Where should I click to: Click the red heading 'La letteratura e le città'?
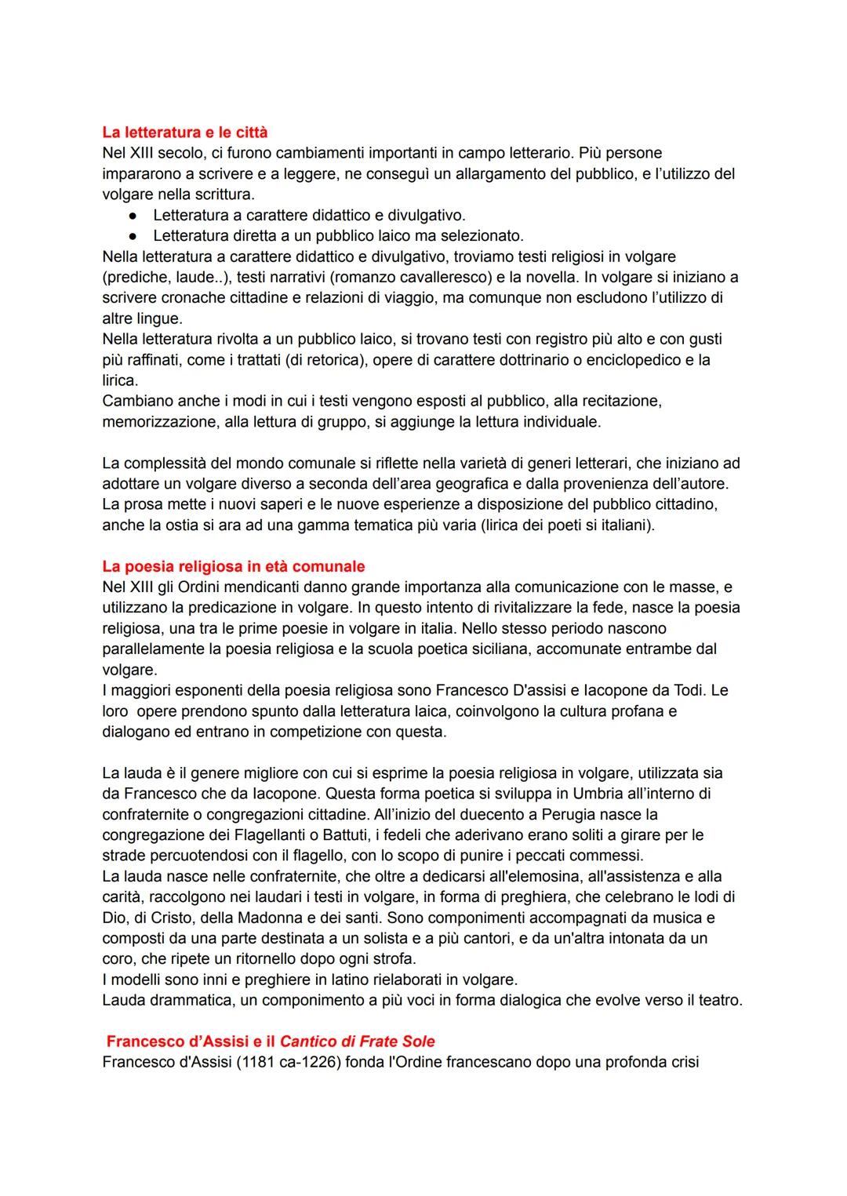tap(185, 132)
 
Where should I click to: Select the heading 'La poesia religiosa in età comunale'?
tap(233, 566)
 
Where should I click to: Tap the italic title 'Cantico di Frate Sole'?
tap(357, 1042)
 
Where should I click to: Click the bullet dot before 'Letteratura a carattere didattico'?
tap(134, 215)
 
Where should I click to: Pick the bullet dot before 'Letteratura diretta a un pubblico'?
tap(134, 235)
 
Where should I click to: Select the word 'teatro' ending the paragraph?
tap(717, 1000)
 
